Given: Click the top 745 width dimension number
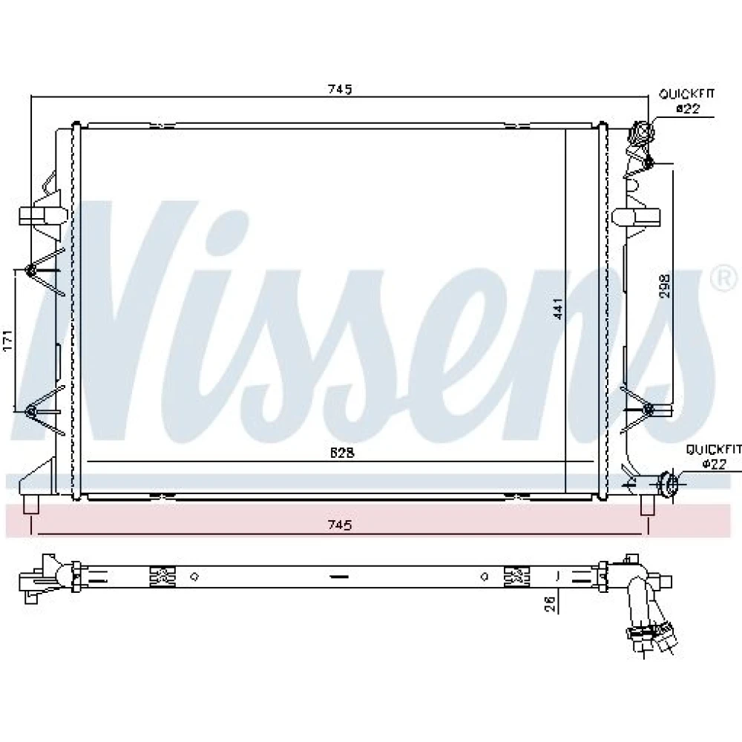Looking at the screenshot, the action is [341, 89].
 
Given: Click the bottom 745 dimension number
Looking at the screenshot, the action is [341, 525].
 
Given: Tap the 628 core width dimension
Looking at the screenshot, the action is [342, 453].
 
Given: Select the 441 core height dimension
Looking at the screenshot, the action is [559, 309].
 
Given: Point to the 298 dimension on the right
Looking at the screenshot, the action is [666, 286].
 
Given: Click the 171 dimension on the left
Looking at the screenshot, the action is [8, 339].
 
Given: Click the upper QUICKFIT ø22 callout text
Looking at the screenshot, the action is [687, 101].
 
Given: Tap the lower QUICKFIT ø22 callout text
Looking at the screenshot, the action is [714, 456].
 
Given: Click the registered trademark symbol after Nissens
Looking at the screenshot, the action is [724, 279].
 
